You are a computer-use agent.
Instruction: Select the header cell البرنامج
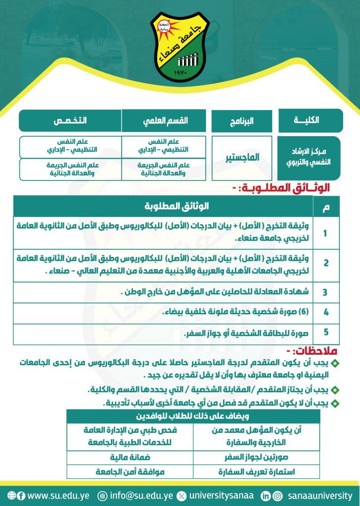click(242, 122)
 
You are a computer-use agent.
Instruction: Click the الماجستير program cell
click(242, 158)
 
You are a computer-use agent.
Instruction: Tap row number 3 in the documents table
click(325, 292)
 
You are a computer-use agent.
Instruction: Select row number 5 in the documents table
click(325, 332)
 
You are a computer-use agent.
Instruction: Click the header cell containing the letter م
click(325, 206)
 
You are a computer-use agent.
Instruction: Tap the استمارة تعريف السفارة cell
click(260, 471)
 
